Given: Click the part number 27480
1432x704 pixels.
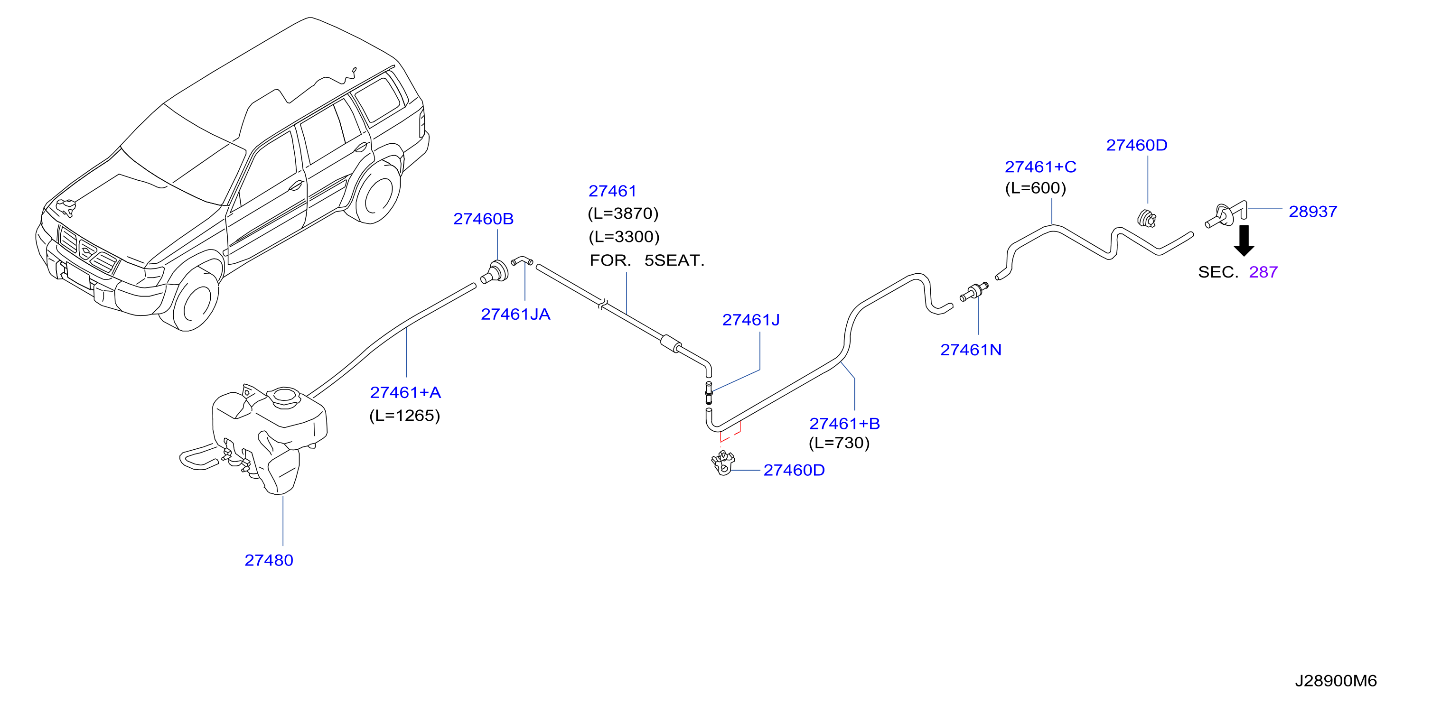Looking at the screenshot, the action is pos(269,560).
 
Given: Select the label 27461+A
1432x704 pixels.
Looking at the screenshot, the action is pos(405,392).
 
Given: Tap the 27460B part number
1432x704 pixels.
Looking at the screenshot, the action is pos(483,219).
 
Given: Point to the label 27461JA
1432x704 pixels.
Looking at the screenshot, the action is pos(515,315).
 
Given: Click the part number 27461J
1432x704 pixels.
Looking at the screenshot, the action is pos(750,320).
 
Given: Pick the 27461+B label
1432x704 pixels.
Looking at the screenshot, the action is pos(844,424).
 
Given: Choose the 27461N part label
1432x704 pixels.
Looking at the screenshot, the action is pos(971,350).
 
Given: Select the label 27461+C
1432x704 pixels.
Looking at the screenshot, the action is pos(1040,167).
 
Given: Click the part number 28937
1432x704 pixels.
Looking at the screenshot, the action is pos(1312,212).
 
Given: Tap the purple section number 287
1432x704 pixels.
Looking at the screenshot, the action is pos(1263,272).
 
